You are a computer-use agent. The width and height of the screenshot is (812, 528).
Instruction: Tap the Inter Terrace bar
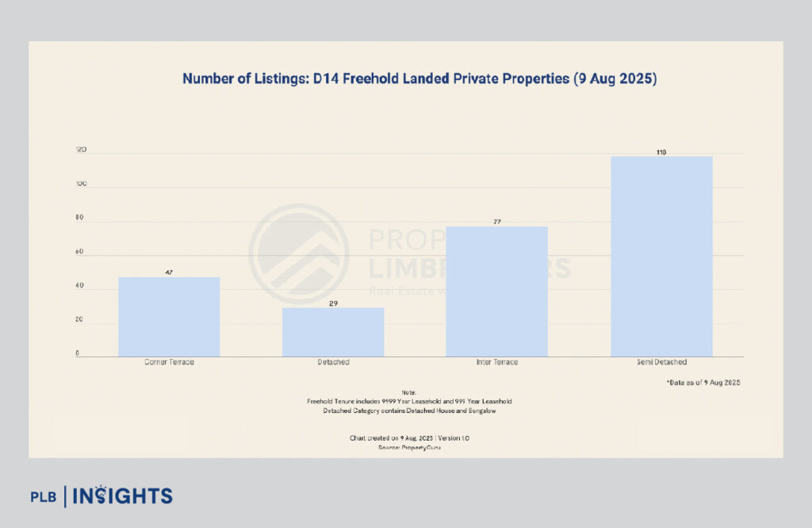pos(496,291)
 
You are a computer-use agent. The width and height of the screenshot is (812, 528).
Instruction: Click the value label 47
pos(169,272)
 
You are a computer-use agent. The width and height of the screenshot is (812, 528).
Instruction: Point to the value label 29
pos(333,303)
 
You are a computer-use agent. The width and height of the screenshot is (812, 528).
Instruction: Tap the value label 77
pos(497,222)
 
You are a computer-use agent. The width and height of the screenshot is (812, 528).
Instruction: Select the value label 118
pos(661,152)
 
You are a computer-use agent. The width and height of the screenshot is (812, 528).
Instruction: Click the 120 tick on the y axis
pos(80,150)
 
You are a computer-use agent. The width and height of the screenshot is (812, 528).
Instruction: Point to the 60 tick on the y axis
pos(79,252)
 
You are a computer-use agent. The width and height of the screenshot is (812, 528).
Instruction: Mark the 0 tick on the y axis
pos(77,353)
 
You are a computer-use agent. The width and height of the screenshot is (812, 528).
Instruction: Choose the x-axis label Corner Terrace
pos(169,362)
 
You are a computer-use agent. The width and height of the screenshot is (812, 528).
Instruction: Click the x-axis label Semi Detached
pos(661,362)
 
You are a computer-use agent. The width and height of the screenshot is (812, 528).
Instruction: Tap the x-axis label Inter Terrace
pos(497,362)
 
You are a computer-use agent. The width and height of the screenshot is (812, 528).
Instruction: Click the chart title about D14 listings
pos(419,79)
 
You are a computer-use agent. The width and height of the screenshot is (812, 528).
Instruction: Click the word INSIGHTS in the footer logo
pos(122,496)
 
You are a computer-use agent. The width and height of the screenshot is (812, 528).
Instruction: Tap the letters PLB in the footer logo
pos(44,497)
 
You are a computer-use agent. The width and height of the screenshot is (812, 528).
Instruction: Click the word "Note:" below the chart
pos(408,392)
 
